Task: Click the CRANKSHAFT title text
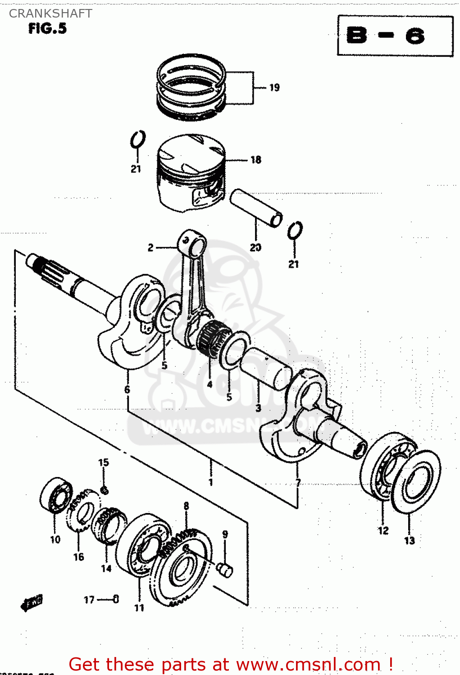click(x=50, y=13)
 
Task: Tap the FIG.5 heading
click(x=47, y=29)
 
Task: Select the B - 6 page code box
click(x=395, y=36)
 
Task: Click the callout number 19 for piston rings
click(x=274, y=87)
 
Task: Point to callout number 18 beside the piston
click(x=255, y=160)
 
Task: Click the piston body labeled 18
click(x=190, y=173)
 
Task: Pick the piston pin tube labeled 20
click(x=256, y=207)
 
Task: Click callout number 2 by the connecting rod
click(x=150, y=247)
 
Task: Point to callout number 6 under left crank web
click(x=127, y=389)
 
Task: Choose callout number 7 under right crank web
click(x=298, y=483)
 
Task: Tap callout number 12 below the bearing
click(x=383, y=531)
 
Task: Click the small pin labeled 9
click(x=224, y=569)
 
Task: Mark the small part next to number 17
click(x=116, y=599)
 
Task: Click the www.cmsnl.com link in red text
click(x=308, y=664)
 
